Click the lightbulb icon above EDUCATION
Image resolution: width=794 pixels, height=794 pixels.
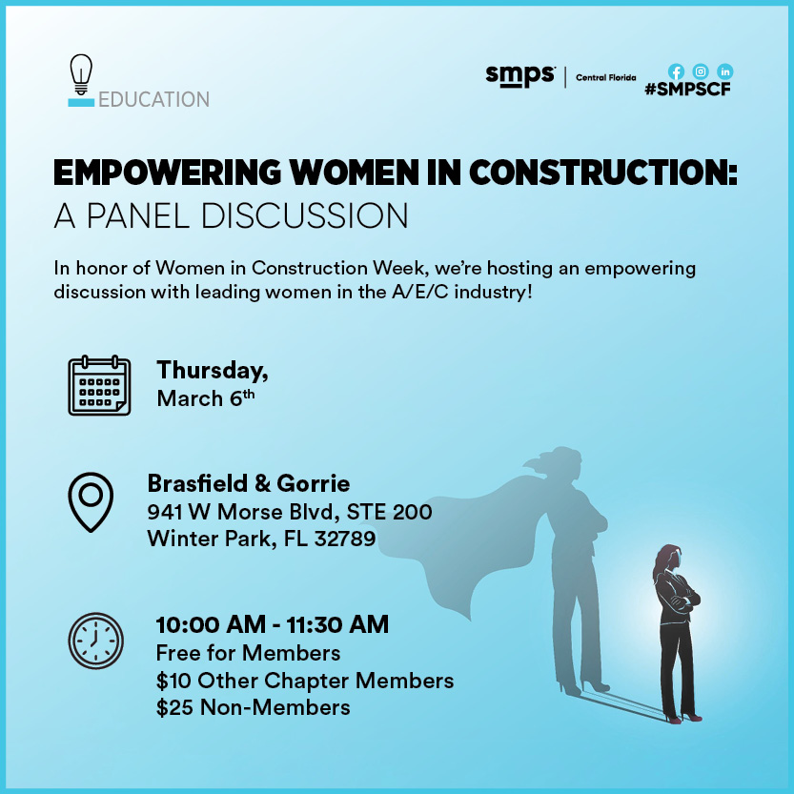click(x=81, y=74)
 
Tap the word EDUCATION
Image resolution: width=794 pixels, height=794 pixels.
click(x=154, y=100)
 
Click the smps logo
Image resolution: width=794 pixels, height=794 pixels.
click(x=520, y=76)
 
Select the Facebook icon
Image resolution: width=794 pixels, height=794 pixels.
click(x=676, y=71)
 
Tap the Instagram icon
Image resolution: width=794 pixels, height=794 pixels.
click(x=701, y=71)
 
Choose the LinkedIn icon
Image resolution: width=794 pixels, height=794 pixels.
click(x=725, y=71)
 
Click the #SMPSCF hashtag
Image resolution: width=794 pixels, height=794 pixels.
click(x=687, y=90)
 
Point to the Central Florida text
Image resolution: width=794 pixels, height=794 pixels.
click(x=605, y=77)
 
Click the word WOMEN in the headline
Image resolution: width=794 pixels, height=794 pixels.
click(x=355, y=173)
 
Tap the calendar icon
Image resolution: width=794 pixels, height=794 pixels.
click(x=99, y=385)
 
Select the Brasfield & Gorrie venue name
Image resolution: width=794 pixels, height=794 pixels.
click(x=249, y=483)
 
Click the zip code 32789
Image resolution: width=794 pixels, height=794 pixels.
click(x=345, y=539)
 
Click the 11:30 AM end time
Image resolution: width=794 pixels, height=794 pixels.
click(x=337, y=624)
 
